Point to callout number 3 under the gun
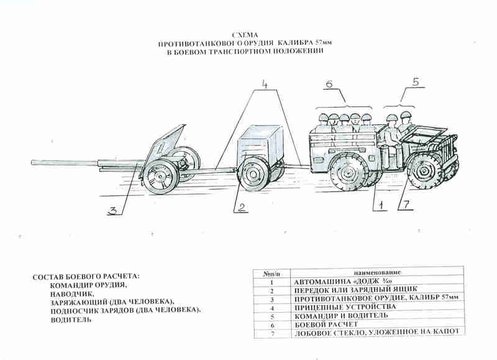click(x=112, y=210)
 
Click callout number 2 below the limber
click(x=242, y=208)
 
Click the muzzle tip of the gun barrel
click(x=34, y=163)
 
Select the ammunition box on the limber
click(x=260, y=144)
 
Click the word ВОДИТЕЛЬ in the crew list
click(x=71, y=320)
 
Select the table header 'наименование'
click(x=376, y=273)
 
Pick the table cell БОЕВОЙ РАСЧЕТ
click(x=329, y=323)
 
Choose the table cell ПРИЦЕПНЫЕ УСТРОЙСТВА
click(x=344, y=307)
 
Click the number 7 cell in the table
click(x=271, y=333)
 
